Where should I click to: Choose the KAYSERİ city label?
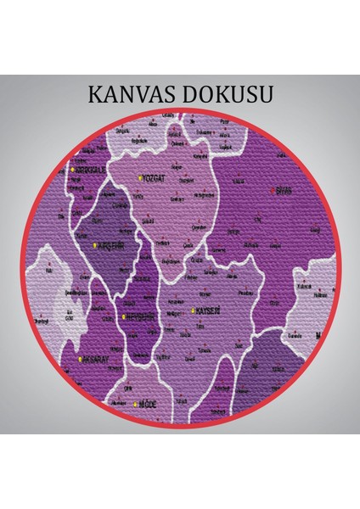pyautogui.click(x=208, y=311)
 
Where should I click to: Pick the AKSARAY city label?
pyautogui.click(x=100, y=360)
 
